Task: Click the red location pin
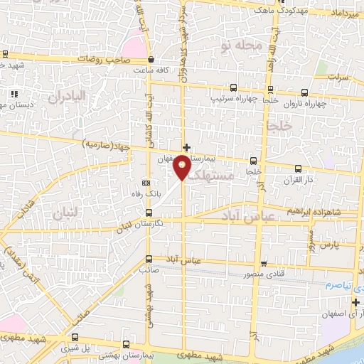[x=183, y=167]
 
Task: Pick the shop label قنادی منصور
[x=264, y=274]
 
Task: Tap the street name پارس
[x=326, y=245]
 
